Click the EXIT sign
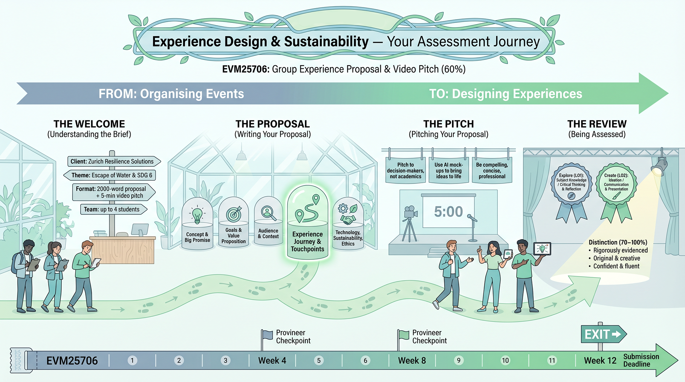[603, 334]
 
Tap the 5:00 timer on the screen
[448, 212]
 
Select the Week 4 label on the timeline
[272, 361]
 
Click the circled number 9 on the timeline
[459, 360]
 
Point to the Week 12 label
[600, 361]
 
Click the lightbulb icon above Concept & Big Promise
[197, 215]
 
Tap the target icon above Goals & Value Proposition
[234, 214]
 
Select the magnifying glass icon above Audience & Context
[268, 213]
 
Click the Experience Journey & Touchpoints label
[308, 242]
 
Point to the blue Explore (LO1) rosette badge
[572, 192]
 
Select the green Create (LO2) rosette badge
[616, 192]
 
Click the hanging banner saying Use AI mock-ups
[448, 170]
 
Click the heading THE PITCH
[448, 124]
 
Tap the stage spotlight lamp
[659, 166]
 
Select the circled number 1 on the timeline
[132, 360]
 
